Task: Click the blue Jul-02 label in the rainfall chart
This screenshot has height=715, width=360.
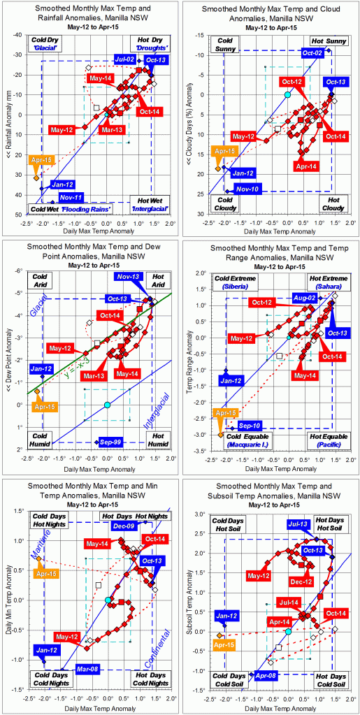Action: (x=124, y=59)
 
